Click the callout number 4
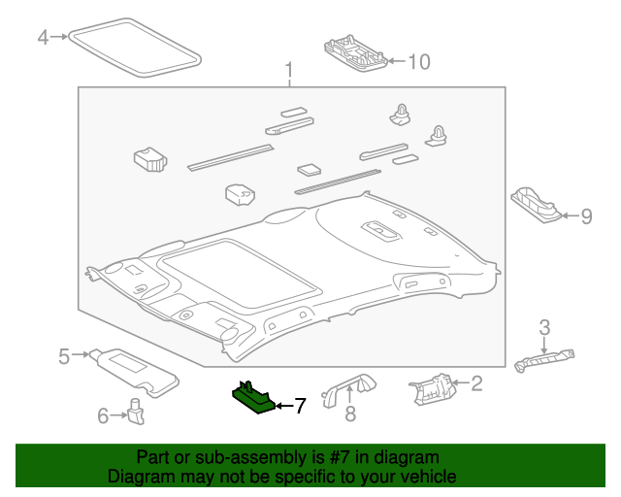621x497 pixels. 43,38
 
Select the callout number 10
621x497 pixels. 418,62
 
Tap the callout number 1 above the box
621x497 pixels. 289,70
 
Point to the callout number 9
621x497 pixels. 586,216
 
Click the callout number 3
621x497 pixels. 544,326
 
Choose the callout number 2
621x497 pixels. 476,384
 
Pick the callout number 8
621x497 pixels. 350,414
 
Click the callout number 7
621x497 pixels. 300,406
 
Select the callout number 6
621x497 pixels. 104,415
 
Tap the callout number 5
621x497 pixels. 64,356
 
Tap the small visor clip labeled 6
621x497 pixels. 137,412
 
